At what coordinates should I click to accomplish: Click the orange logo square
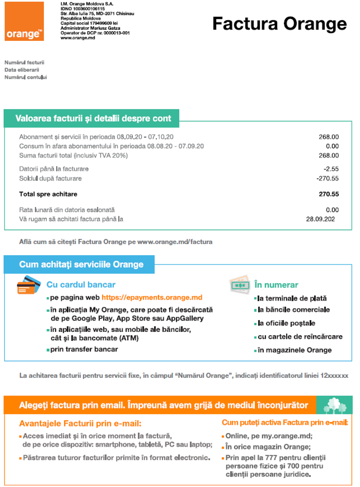pos(24,21)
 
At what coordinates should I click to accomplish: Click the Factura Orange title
pos(279,24)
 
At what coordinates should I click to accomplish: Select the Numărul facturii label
pos(24,63)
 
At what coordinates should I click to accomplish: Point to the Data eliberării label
pos(22,70)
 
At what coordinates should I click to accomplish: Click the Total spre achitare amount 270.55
pos(329,194)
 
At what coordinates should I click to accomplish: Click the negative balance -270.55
pos(327,178)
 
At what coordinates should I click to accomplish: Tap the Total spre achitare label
pos(48,194)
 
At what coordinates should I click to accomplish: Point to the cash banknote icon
pos(240,284)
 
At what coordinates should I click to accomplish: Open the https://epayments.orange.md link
pos(152,298)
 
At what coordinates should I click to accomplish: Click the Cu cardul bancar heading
pos(81,285)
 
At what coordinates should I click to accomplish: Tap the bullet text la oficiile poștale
pos(287,323)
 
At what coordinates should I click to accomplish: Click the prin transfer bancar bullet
pos(84,349)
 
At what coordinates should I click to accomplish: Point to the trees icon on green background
pos(334,405)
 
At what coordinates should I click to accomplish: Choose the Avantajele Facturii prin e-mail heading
pos(80,424)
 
